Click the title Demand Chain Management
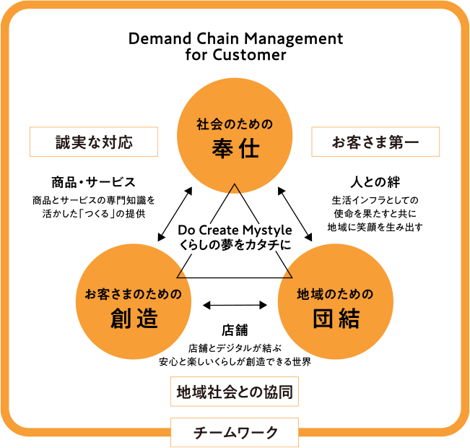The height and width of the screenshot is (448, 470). [x=235, y=39]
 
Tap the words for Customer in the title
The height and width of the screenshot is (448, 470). [x=235, y=55]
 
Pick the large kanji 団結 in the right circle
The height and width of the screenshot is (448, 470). [x=336, y=318]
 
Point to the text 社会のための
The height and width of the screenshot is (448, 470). [x=235, y=124]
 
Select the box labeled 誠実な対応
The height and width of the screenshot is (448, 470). [x=94, y=142]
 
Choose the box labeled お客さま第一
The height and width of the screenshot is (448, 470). [x=375, y=142]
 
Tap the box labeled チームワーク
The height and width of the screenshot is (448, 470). [x=235, y=432]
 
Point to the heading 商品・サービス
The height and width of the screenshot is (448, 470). [x=94, y=181]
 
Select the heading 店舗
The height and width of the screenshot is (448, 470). [x=235, y=332]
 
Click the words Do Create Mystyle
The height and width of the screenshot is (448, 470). [x=235, y=231]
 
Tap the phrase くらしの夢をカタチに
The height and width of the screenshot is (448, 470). [x=235, y=246]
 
